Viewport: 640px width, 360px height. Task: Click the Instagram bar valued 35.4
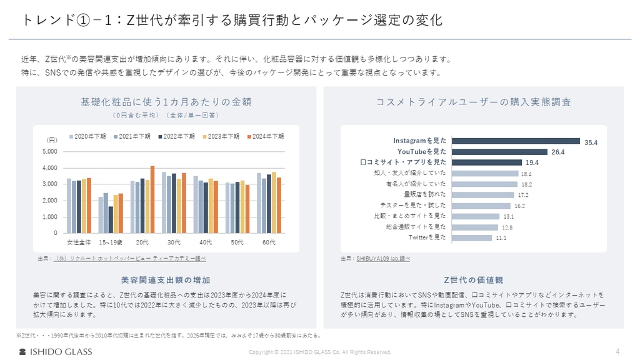(x=516, y=142)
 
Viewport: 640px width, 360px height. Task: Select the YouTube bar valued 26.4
(x=499, y=152)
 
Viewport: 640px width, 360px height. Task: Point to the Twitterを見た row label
(x=427, y=237)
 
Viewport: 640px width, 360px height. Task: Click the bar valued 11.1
(x=471, y=237)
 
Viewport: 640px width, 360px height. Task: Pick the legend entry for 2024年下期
(x=266, y=136)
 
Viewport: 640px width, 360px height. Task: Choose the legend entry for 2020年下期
(x=88, y=136)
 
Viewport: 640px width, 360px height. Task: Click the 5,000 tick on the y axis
(x=50, y=151)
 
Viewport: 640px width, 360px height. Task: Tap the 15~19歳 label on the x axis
(x=111, y=241)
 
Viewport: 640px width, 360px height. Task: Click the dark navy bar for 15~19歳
(x=111, y=219)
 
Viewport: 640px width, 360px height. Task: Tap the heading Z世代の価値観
(x=473, y=279)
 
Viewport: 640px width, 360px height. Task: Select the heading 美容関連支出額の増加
(x=166, y=279)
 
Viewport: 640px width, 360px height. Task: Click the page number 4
(x=617, y=351)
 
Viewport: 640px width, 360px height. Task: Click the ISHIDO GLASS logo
(x=56, y=351)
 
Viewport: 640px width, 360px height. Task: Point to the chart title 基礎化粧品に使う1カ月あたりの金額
(x=166, y=102)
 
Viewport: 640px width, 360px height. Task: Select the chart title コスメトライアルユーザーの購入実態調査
(x=473, y=102)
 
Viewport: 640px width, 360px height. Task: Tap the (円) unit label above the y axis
(x=52, y=139)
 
